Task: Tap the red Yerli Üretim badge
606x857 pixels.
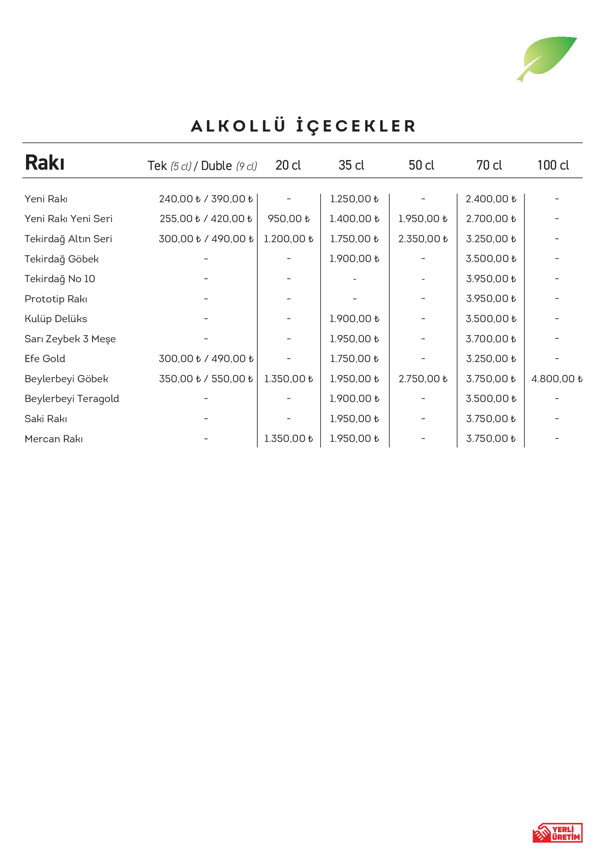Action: click(x=557, y=832)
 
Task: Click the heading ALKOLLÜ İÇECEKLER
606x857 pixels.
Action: click(x=303, y=126)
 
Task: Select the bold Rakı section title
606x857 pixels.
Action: click(x=45, y=163)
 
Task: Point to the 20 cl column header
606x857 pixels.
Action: click(x=288, y=165)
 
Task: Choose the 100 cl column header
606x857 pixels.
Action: click(x=553, y=165)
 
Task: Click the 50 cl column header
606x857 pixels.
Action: click(x=421, y=165)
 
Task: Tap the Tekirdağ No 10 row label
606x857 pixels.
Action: click(x=60, y=279)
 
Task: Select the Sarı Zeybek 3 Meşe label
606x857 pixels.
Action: click(x=70, y=339)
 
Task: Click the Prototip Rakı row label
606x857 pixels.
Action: click(x=56, y=299)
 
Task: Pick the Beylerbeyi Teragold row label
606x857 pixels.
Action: click(x=72, y=399)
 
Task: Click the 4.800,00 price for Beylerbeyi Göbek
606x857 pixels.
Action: click(x=557, y=379)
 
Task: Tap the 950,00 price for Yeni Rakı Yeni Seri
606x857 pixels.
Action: click(x=288, y=219)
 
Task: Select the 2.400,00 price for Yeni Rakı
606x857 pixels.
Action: click(x=491, y=199)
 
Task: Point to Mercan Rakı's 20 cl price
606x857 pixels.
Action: click(x=288, y=439)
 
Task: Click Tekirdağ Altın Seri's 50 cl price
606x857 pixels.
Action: click(x=423, y=239)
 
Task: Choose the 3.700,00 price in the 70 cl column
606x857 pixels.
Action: click(x=491, y=339)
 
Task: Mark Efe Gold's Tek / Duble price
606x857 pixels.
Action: click(x=206, y=359)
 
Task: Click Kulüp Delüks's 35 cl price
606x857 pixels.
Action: click(x=354, y=319)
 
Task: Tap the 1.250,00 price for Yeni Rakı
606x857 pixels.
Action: click(x=354, y=199)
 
